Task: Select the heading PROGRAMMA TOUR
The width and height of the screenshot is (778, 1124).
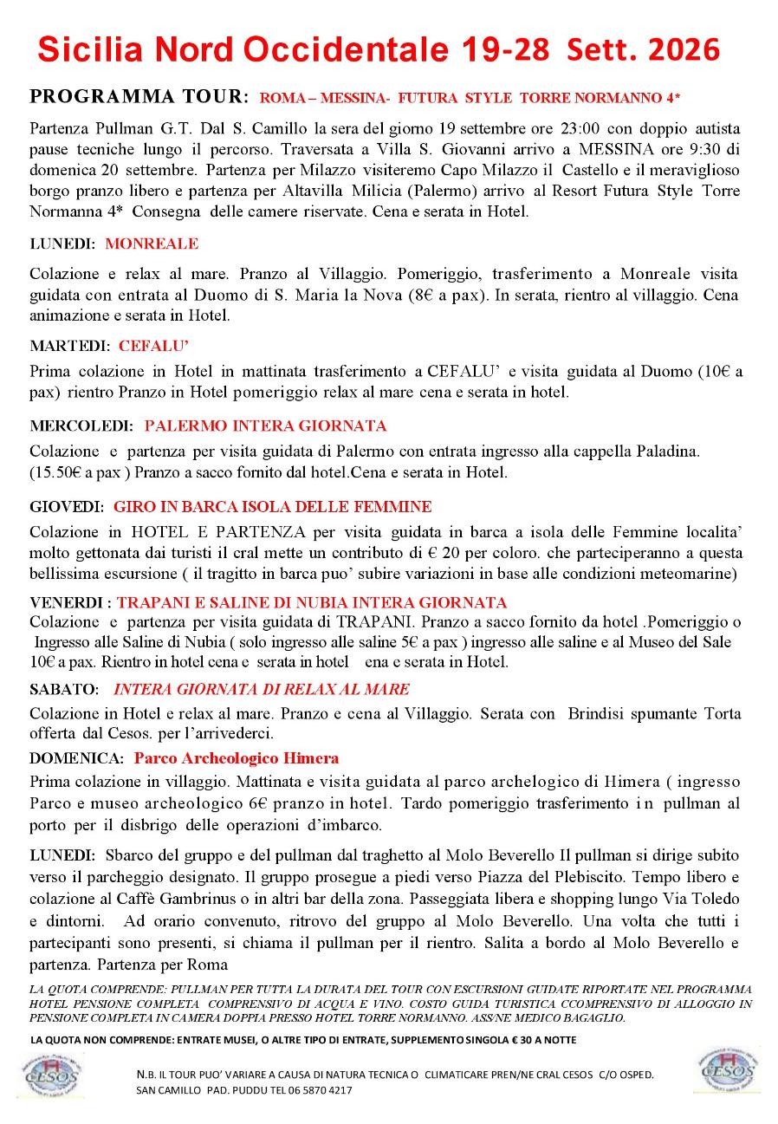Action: [139, 95]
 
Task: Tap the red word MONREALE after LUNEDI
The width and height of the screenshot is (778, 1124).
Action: [152, 244]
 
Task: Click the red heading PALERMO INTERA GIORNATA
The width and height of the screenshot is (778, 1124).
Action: [265, 426]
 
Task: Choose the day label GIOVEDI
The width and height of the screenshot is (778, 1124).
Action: [67, 506]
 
